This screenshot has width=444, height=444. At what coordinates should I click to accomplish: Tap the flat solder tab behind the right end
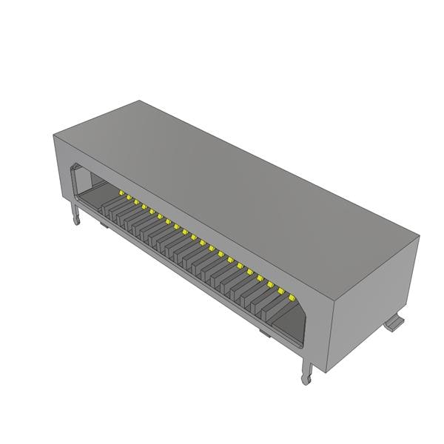point(396,323)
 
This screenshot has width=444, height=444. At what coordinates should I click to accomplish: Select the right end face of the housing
point(374,296)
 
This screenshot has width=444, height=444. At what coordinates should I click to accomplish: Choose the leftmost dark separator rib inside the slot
point(111,205)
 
